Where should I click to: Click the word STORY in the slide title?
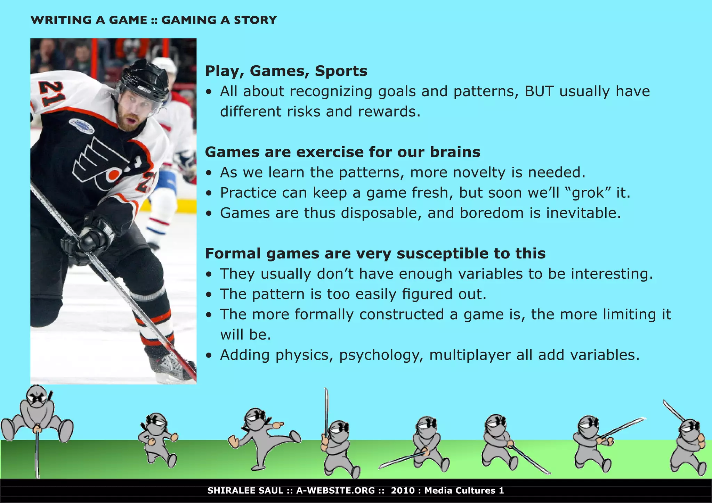255,20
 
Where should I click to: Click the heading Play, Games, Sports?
286,71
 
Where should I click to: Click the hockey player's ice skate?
170,365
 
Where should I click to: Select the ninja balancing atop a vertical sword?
37,413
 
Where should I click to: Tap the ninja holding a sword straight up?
337,445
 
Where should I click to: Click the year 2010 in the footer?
403,490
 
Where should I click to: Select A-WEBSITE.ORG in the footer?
335,490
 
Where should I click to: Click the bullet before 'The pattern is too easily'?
209,295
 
